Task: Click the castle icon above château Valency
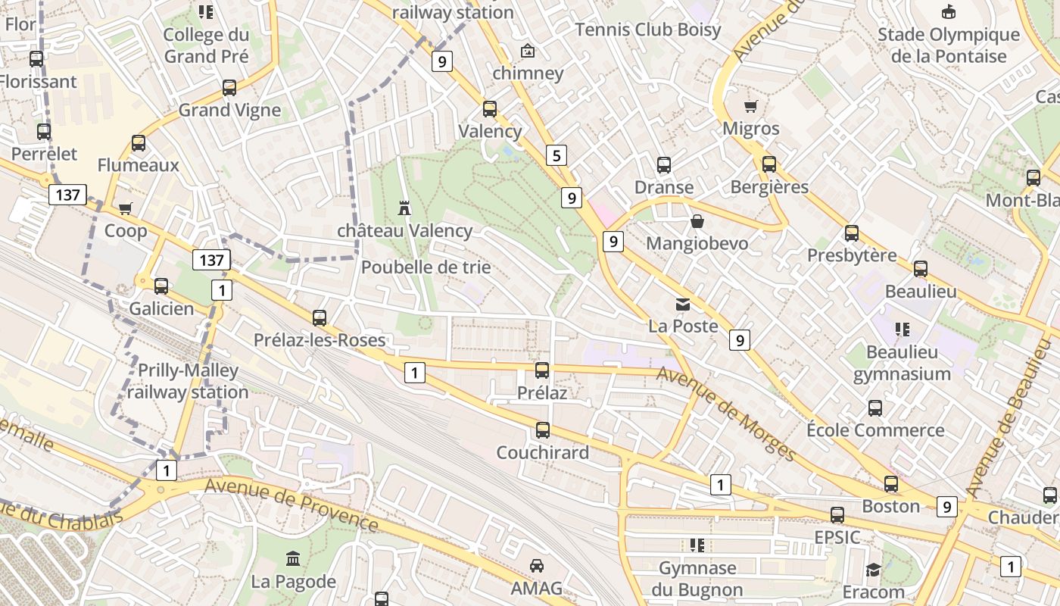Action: coord(404,208)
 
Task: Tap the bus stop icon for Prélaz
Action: coord(542,370)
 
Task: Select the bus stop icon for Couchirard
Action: coord(543,430)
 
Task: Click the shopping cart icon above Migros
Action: coord(751,106)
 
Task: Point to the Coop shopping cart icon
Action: coord(126,208)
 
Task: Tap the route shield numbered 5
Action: coord(556,156)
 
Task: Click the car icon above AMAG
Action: coord(537,566)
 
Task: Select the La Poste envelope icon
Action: coord(683,305)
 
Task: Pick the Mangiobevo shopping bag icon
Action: coord(697,221)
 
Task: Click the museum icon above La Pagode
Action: coord(293,559)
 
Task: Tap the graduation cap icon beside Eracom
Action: coord(873,570)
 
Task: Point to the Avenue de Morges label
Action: coord(726,414)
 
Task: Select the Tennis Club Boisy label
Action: coord(648,30)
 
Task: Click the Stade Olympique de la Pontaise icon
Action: coord(948,12)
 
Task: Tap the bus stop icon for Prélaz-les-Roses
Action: coord(320,318)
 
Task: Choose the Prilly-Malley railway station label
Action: coord(188,381)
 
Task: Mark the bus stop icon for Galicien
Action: coord(161,286)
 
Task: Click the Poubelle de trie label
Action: coord(426,267)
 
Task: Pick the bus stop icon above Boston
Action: coord(891,484)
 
